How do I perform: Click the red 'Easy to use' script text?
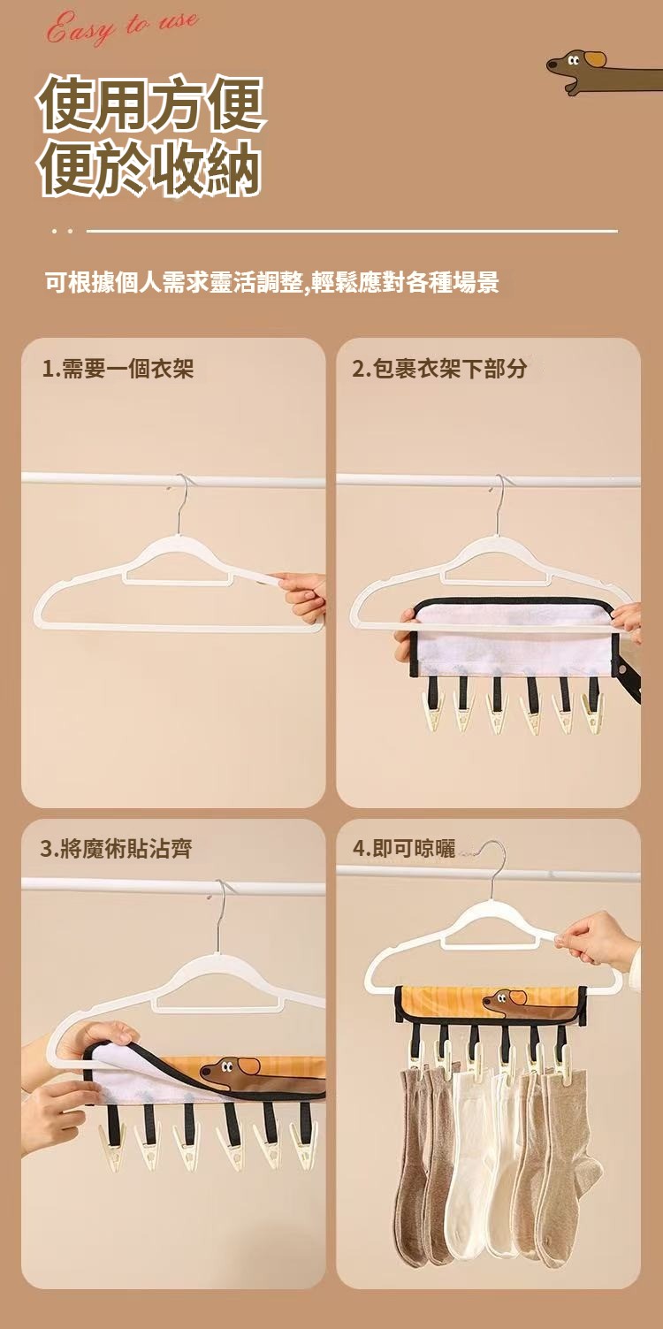pos(123,28)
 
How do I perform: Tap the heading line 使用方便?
pos(151,103)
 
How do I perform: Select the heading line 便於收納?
pos(150,167)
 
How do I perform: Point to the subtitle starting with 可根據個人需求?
pos(272,282)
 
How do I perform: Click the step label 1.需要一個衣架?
pos(118,369)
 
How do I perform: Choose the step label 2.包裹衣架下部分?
pos(438,369)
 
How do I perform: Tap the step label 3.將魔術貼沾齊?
pos(116,849)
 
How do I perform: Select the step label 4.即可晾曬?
pos(404,849)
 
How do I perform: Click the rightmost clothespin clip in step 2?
pos(592,711)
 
